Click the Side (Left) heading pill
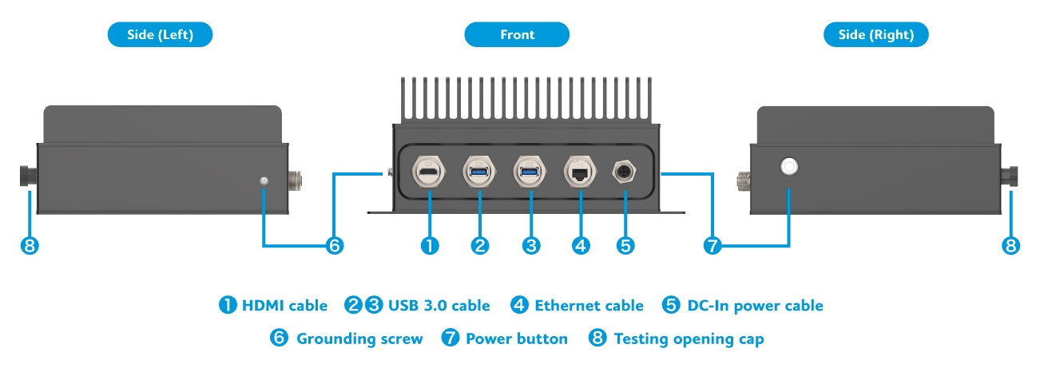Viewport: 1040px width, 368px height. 160,34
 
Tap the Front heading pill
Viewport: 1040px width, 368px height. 517,34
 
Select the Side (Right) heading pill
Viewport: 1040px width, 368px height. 876,34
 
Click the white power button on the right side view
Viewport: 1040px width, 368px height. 789,167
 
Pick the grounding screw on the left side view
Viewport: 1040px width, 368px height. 264,182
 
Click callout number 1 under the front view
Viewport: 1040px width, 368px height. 430,246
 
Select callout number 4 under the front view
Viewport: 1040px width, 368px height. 581,246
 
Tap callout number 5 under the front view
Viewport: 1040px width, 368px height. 625,246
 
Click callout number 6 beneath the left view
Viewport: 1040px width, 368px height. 334,246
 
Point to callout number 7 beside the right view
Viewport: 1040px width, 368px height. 713,246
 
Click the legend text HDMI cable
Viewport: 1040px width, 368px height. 284,306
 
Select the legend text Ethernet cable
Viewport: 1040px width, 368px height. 589,306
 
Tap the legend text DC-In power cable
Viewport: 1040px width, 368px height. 755,306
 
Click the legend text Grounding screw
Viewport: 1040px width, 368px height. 359,339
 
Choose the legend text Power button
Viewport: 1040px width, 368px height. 516,339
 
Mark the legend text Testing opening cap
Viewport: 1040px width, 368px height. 689,339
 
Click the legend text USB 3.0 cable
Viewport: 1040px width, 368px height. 439,306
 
